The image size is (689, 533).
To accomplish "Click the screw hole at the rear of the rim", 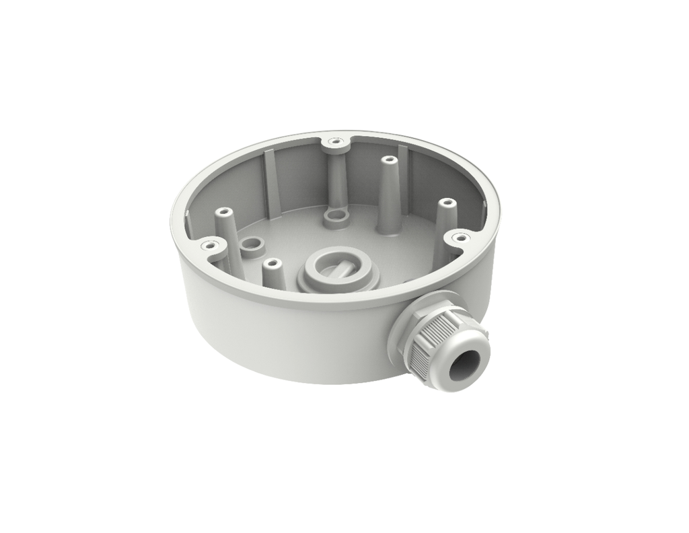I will tap(334, 142).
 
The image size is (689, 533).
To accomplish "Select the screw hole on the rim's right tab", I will tap(460, 237).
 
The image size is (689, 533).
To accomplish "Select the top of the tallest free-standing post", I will tap(388, 161).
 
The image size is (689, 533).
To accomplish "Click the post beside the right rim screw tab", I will tap(442, 222).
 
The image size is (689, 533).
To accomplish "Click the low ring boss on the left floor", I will tap(251, 246).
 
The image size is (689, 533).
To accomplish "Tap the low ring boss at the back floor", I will tap(334, 217).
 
